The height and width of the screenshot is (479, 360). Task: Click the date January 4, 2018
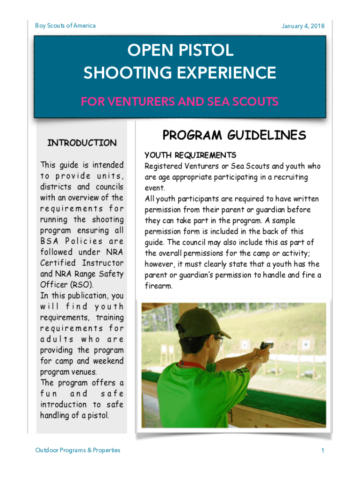(x=302, y=26)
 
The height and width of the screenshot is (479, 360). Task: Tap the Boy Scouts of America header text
(x=65, y=25)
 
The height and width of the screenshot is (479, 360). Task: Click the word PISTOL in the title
(x=206, y=51)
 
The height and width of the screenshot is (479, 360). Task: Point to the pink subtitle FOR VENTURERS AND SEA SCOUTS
(x=180, y=102)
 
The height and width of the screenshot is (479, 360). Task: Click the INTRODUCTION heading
(x=82, y=143)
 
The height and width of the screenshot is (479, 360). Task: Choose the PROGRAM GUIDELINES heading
(x=234, y=136)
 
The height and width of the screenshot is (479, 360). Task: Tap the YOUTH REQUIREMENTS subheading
(x=190, y=155)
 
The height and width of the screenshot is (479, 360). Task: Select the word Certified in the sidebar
(x=58, y=263)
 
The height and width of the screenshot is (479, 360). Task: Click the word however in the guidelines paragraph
(x=160, y=264)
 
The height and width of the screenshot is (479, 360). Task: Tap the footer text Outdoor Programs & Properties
(x=78, y=450)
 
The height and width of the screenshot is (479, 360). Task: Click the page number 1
(x=323, y=450)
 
